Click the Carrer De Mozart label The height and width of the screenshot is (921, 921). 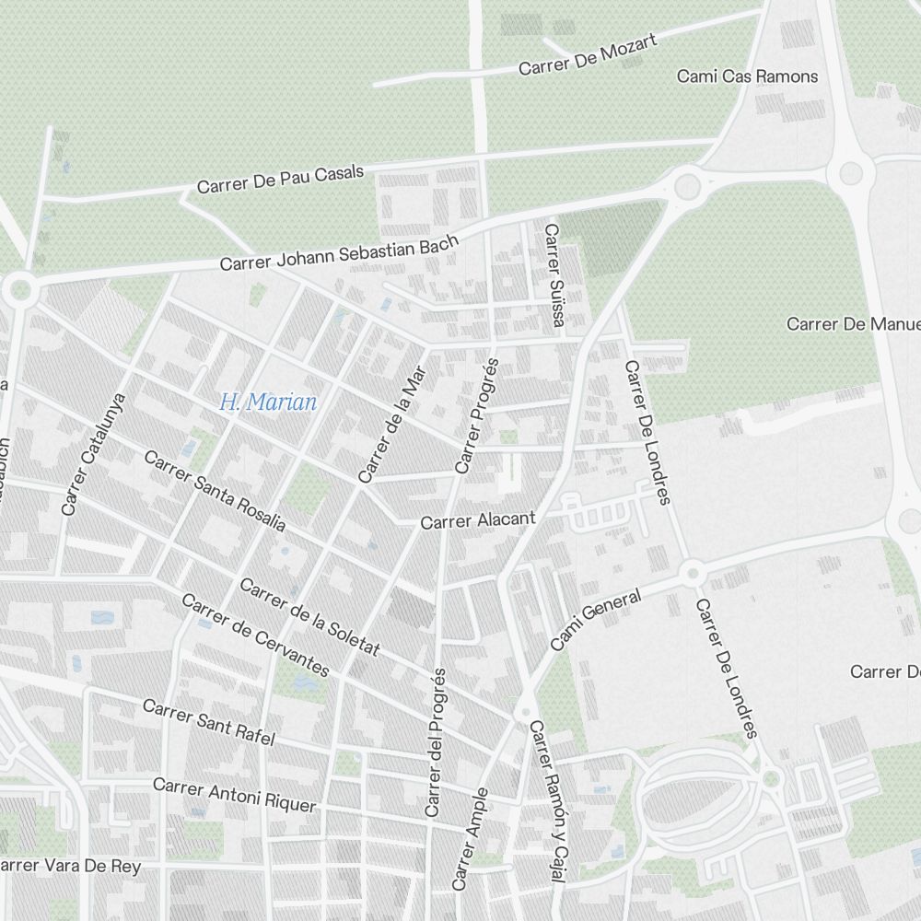[587, 55]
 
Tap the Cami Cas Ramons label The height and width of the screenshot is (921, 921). [747, 76]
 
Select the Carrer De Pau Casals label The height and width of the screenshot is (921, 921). [280, 180]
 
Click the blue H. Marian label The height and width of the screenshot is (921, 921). [268, 402]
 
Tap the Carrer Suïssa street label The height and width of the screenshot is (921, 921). [553, 275]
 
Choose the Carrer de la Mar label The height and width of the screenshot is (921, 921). [392, 425]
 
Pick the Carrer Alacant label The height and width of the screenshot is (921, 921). [477, 520]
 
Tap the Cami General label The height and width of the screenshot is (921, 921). [595, 621]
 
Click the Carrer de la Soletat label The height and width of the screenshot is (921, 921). [309, 617]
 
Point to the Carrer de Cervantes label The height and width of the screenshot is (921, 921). [255, 635]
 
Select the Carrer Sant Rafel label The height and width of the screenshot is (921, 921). [209, 722]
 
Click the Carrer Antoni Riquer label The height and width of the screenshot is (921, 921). [234, 795]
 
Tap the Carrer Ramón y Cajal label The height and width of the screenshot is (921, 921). [544, 802]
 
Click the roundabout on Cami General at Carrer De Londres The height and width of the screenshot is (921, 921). [693, 573]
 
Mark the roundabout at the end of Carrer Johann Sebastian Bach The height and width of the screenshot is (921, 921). [686, 186]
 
